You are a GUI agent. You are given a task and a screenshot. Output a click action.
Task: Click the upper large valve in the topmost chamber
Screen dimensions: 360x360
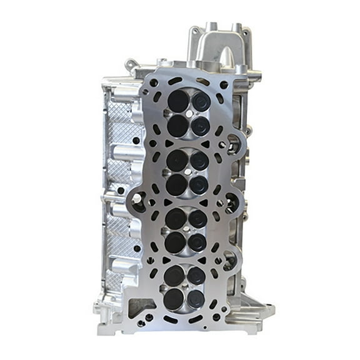(178, 101)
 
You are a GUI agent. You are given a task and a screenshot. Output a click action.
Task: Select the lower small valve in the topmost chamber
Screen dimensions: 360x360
(200, 126)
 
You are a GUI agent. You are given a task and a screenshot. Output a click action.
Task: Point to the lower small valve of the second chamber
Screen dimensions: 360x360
(199, 184)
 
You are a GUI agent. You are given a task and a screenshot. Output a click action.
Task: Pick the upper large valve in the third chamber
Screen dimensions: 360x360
(176, 217)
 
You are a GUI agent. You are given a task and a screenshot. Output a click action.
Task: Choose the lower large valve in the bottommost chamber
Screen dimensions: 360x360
(174, 298)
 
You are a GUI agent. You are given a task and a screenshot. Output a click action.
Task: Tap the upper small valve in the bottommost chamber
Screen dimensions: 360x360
(197, 276)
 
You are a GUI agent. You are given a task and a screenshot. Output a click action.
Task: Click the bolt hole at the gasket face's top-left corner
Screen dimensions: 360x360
(152, 83)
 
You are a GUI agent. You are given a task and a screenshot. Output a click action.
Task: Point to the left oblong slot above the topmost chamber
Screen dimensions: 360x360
(176, 81)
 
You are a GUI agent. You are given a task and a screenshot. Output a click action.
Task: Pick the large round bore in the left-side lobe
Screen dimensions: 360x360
(137, 201)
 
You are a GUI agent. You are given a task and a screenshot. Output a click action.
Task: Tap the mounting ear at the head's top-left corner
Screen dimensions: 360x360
(131, 64)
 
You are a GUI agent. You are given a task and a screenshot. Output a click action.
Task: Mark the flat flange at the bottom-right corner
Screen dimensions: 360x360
(256, 311)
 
